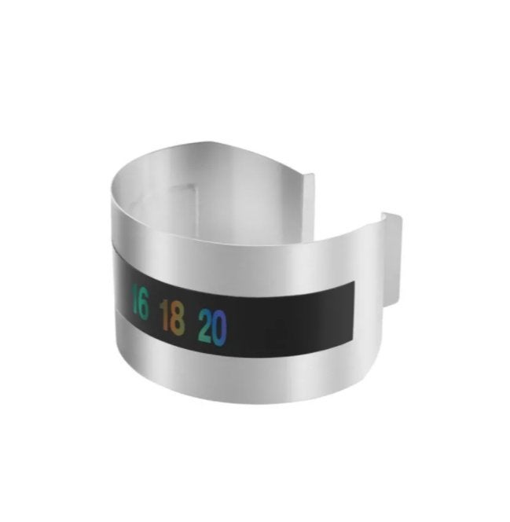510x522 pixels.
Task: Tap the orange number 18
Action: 172,318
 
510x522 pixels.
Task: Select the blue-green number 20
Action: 213,327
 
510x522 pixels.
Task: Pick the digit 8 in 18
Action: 176,318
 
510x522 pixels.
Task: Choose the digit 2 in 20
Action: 205,325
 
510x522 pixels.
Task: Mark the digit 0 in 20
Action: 220,329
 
